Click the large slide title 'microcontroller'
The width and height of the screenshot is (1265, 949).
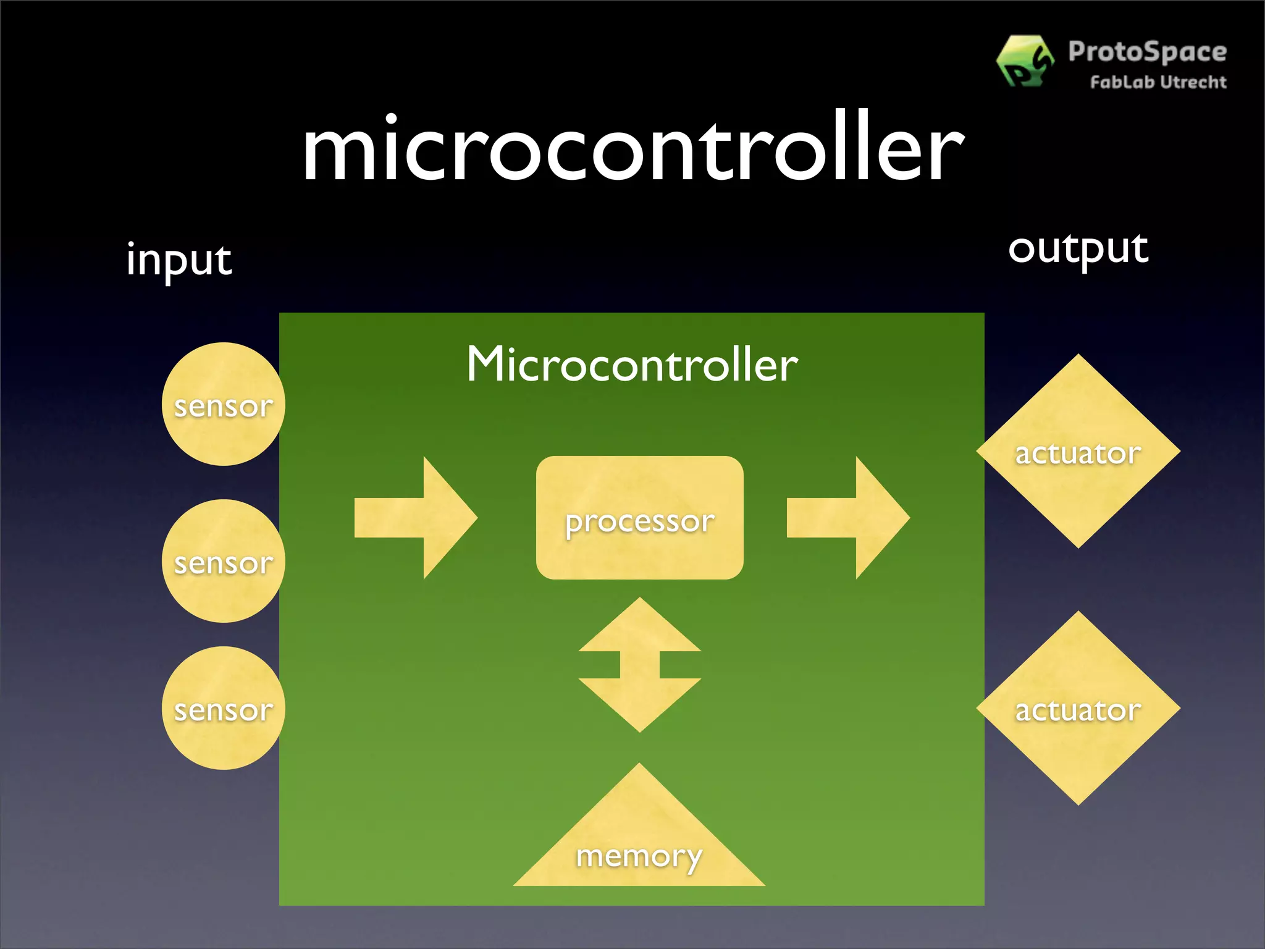[632, 148]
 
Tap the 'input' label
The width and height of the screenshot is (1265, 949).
[179, 259]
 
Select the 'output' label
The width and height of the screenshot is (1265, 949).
[1078, 249]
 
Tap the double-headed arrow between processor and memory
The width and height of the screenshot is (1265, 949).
[640, 665]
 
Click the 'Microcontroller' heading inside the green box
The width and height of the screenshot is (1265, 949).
[632, 365]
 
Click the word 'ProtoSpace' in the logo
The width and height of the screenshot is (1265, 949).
[1147, 52]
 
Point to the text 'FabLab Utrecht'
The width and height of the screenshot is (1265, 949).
[1158, 82]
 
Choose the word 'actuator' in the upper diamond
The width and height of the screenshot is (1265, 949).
[1078, 453]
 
